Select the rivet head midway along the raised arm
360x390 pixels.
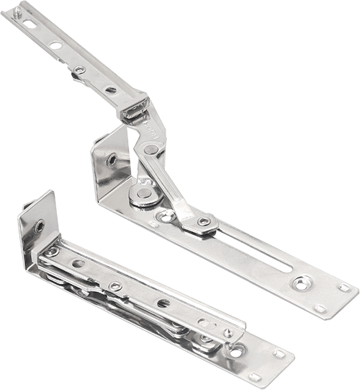tap(79, 70)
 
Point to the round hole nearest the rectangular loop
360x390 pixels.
tap(110, 90)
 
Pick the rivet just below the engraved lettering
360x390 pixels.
tap(150, 150)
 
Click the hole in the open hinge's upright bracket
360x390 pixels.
tap(112, 161)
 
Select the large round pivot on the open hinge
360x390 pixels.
tap(144, 193)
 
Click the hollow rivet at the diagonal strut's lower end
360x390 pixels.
tap(204, 221)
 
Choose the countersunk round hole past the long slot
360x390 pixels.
tap(302, 282)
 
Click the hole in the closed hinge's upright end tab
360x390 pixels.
tap(40, 226)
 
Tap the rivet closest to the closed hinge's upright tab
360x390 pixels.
tap(52, 252)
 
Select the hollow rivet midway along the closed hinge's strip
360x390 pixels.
tap(115, 286)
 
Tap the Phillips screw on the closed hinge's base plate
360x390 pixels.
tap(236, 351)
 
